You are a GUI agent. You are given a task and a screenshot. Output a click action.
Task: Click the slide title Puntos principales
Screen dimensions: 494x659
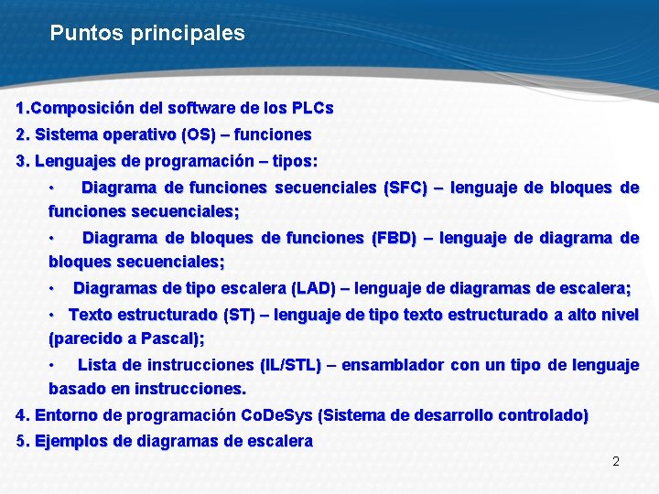(147, 34)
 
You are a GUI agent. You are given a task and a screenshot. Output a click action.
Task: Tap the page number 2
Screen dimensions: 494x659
(616, 461)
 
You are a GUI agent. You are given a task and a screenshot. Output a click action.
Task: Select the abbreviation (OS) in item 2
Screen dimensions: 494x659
(199, 134)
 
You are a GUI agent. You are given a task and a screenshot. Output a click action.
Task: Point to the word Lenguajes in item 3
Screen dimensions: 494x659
(77, 161)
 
